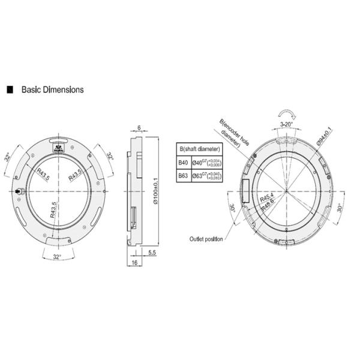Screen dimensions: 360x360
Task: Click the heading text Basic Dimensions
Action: coord(52,90)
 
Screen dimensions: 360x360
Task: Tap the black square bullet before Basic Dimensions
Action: coord(10,90)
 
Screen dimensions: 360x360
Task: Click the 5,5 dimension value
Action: coord(152,253)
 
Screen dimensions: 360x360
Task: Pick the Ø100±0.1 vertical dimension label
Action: coord(155,191)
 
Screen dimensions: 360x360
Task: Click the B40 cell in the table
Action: coord(183,162)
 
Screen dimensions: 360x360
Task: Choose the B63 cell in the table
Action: coord(183,176)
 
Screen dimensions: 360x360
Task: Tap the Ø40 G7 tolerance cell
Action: coord(207,162)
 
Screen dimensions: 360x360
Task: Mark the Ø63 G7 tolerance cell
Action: coord(207,176)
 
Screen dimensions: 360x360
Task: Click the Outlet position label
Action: coord(206,238)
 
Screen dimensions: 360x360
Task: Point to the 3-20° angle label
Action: coord(287,125)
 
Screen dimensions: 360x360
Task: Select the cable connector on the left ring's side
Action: coord(19,191)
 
